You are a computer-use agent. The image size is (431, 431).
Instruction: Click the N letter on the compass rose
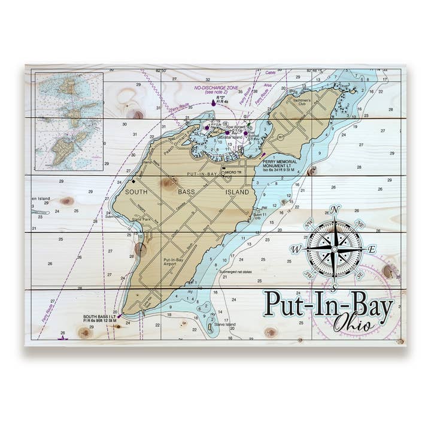tap(335, 209)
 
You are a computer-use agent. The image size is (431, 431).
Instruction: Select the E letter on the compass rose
tap(372, 249)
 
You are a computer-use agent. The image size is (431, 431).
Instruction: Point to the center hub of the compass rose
tap(335, 248)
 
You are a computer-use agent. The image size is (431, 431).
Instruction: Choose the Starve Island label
tap(226, 324)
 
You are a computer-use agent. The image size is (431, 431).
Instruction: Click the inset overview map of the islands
tap(69, 122)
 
